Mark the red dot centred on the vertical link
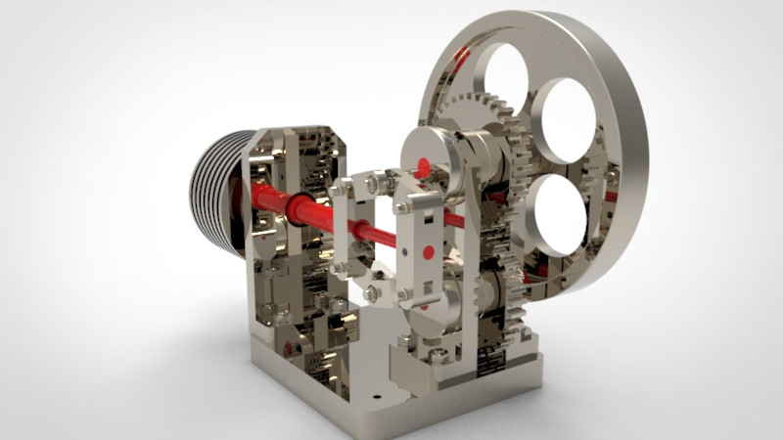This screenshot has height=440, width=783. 428,251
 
